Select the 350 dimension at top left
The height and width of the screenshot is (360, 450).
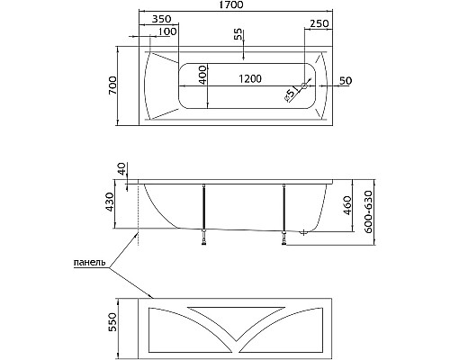tap(161, 19)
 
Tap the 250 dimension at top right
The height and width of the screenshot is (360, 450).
tap(319, 22)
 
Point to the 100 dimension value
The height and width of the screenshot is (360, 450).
tap(166, 33)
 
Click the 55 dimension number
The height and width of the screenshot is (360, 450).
tap(238, 34)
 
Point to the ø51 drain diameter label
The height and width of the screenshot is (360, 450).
tap(292, 91)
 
